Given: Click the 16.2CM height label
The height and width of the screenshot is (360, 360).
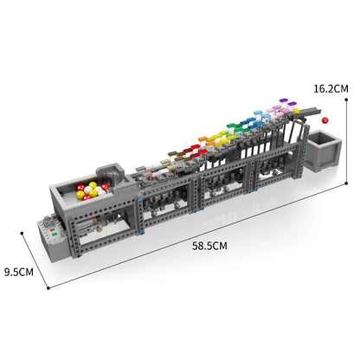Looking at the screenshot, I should (x=331, y=87).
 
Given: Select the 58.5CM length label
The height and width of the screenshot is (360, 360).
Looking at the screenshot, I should (x=210, y=246).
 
